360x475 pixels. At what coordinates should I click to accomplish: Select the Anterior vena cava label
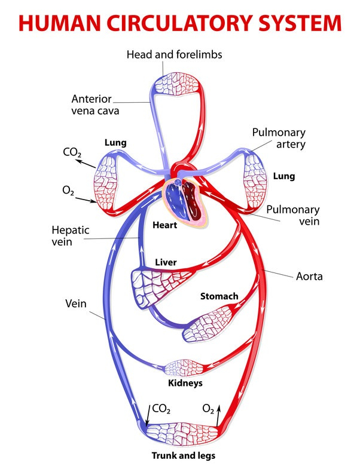point(95,105)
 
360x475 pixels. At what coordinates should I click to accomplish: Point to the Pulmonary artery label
point(279,138)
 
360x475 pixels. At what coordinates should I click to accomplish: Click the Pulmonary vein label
point(292,216)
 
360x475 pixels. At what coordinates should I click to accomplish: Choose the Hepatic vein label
point(69,235)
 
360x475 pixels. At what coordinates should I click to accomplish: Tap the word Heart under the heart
point(165,225)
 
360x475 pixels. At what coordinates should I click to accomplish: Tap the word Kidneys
point(185,383)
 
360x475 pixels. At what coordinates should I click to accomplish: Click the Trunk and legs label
point(182,456)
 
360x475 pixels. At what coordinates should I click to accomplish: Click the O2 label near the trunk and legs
point(208,409)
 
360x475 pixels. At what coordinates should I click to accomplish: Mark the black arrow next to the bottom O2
point(219,413)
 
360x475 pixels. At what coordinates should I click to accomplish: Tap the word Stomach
point(219,296)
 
